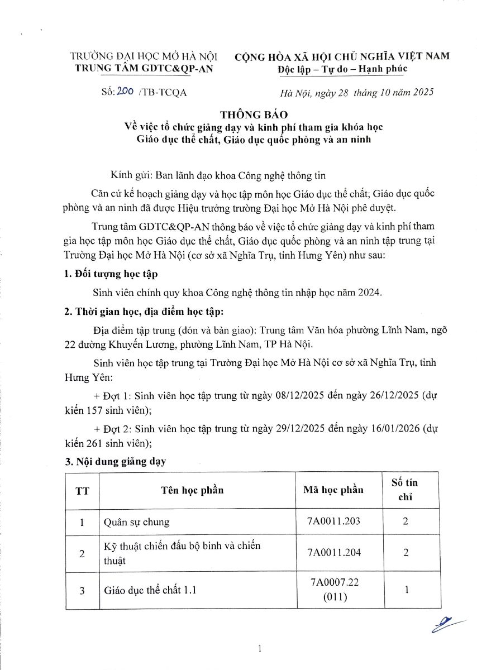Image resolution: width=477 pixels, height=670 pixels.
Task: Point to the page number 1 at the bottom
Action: [x=260, y=648]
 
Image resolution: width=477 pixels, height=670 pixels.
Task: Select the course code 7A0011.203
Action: [x=335, y=521]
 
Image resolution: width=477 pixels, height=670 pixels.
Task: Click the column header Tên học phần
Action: [x=193, y=490]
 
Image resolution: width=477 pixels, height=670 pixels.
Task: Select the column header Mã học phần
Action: [x=333, y=490]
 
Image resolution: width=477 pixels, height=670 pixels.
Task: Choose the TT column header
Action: [x=82, y=491]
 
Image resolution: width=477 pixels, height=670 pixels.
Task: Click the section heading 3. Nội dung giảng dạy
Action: [x=116, y=463]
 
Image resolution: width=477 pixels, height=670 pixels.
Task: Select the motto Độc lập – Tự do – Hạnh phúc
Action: [x=342, y=69]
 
